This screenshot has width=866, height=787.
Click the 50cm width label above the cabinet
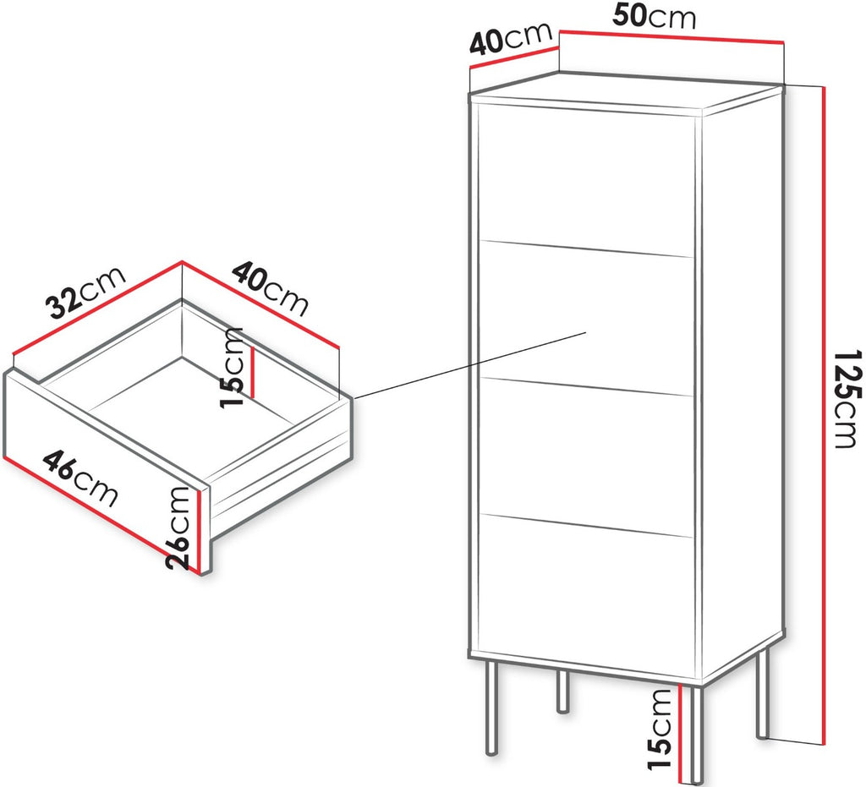pos(654,17)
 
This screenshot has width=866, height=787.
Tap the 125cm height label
pos(846,398)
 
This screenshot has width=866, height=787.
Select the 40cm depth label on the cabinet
pos(510,37)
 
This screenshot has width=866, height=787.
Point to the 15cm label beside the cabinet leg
pos(660,729)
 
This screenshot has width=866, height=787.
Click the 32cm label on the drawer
pos(86,292)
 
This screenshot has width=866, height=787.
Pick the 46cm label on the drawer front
pos(80,478)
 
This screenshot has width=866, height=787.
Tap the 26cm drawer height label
pos(178,527)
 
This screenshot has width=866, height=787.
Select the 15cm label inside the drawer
pos(232,367)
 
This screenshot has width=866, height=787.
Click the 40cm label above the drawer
pos(270,288)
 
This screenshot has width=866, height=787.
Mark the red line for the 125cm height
pos(824,414)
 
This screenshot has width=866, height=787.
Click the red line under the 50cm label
pos(672,36)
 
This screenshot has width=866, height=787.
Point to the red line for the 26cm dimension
pos(199,531)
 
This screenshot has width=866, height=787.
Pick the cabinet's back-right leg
pos(562,691)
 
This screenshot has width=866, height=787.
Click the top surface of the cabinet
pos(627,94)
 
